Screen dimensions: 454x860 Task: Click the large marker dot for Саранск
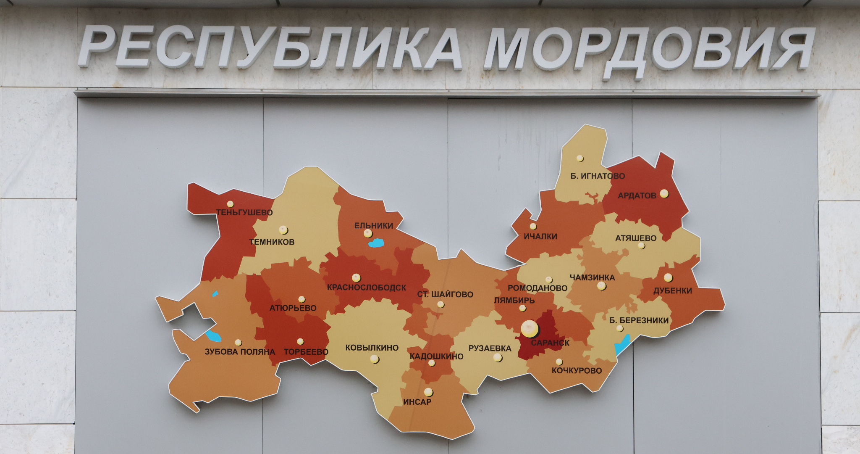click(530, 329)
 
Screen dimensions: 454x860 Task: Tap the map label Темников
click(272, 242)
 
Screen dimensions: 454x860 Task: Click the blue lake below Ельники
click(376, 243)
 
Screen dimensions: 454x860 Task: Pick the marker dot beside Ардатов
click(664, 193)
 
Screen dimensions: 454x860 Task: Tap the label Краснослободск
click(366, 288)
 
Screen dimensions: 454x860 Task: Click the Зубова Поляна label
click(240, 351)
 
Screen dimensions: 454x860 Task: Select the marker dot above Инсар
click(428, 392)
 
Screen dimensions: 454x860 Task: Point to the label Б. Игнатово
click(598, 176)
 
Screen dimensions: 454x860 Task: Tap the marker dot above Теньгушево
click(230, 204)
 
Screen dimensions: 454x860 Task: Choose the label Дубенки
click(672, 290)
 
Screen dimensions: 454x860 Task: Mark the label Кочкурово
click(577, 370)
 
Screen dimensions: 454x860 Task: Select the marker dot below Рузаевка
click(498, 357)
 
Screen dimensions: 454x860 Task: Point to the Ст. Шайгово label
click(445, 294)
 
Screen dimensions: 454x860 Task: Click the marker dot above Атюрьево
click(302, 299)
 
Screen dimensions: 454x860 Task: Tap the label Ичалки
click(540, 236)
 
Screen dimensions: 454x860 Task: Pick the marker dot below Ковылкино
click(375, 359)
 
